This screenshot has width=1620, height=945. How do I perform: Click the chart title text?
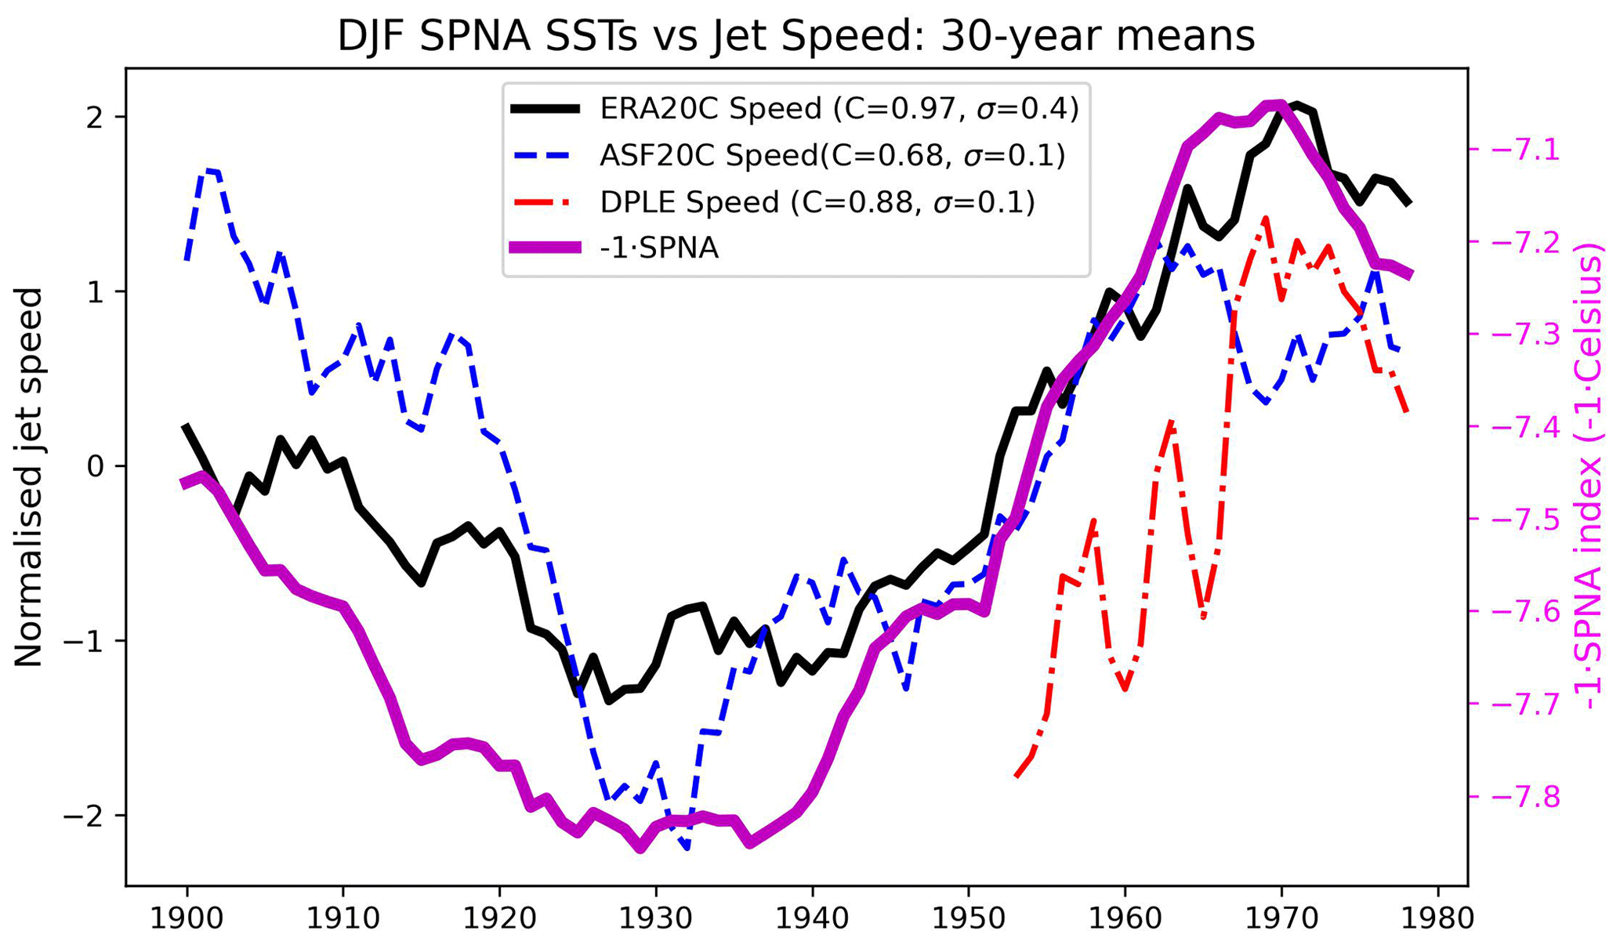coord(796,37)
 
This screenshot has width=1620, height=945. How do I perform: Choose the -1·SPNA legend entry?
coord(658,248)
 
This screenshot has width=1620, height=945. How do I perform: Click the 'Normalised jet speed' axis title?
coord(29,476)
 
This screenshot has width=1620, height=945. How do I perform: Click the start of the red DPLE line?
coord(1017,777)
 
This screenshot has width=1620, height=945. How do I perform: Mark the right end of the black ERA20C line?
coord(1409,204)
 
